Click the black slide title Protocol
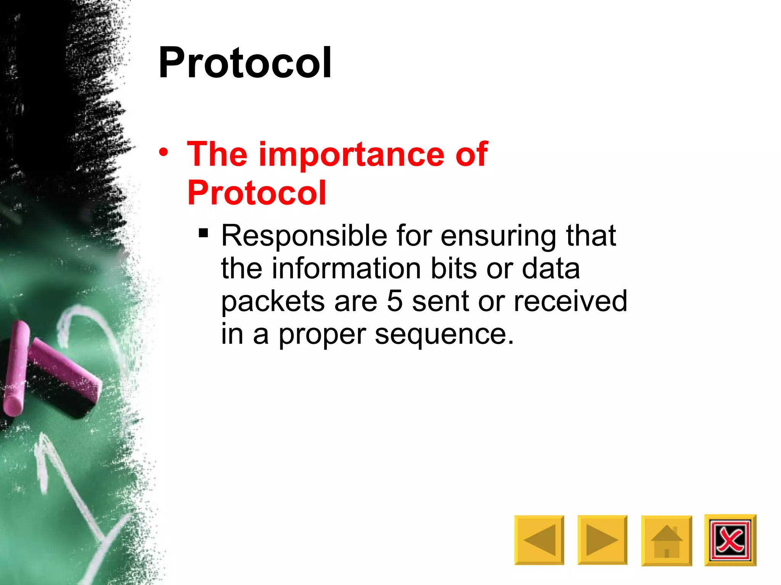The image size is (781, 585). click(x=245, y=63)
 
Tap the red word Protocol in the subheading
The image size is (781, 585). click(x=257, y=193)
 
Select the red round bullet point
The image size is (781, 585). click(x=164, y=153)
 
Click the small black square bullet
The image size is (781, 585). click(x=203, y=233)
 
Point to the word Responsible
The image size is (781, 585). click(x=304, y=236)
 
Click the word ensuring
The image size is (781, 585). click(x=498, y=236)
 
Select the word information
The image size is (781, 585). click(x=346, y=269)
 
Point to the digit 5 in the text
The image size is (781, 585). click(x=395, y=301)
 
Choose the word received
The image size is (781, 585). click(x=570, y=301)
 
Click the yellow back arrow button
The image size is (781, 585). click(x=539, y=540)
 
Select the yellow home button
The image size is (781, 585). click(x=666, y=540)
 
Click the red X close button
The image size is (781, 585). click(x=730, y=540)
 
